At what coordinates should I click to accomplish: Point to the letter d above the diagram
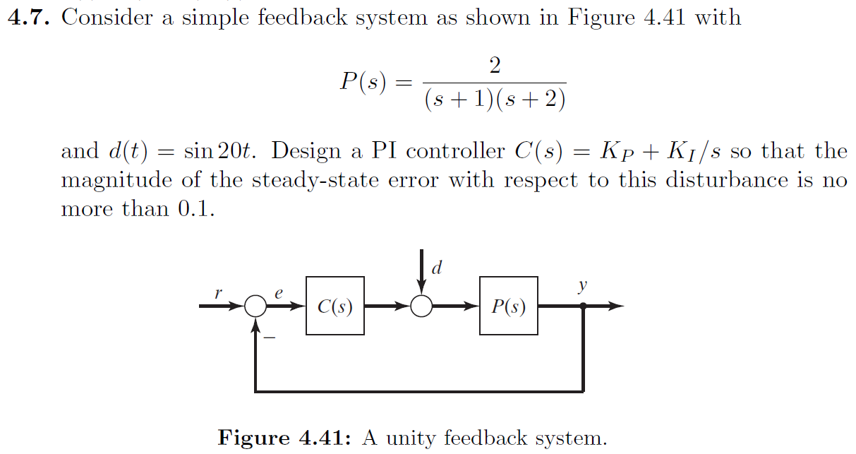point(437,268)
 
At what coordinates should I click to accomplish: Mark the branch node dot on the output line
point(583,306)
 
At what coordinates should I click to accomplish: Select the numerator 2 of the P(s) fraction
point(495,66)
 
